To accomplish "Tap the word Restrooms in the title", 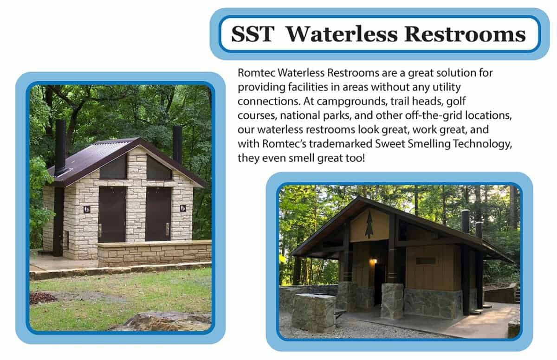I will click(465, 34).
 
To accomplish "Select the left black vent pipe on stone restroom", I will click(60, 147).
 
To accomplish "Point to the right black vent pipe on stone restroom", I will click(177, 144).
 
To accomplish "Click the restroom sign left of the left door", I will click(87, 209).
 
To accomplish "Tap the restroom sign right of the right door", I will click(183, 208).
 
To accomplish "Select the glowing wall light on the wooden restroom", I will click(373, 262).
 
